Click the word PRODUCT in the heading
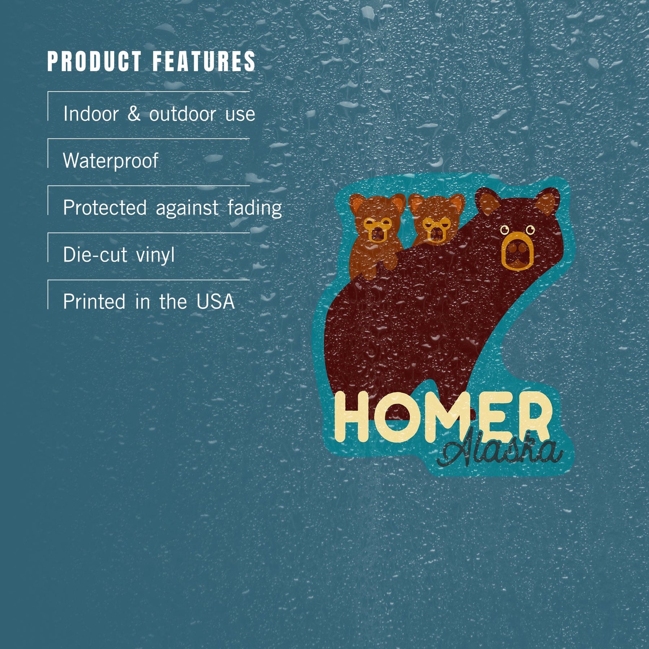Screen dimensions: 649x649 tap(94, 61)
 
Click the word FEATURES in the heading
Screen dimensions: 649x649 tap(204, 61)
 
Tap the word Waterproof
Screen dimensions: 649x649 tap(111, 161)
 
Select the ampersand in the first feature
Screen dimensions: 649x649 tap(134, 114)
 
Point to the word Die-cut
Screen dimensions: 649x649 tap(95, 255)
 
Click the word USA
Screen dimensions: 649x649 tap(216, 301)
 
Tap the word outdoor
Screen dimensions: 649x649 tap(182, 114)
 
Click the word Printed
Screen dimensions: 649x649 tap(94, 301)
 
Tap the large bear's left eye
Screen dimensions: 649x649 tap(505, 229)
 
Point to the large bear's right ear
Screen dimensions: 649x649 tap(548, 203)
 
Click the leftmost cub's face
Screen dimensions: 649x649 tap(377, 229)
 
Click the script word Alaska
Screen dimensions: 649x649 tap(499, 451)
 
